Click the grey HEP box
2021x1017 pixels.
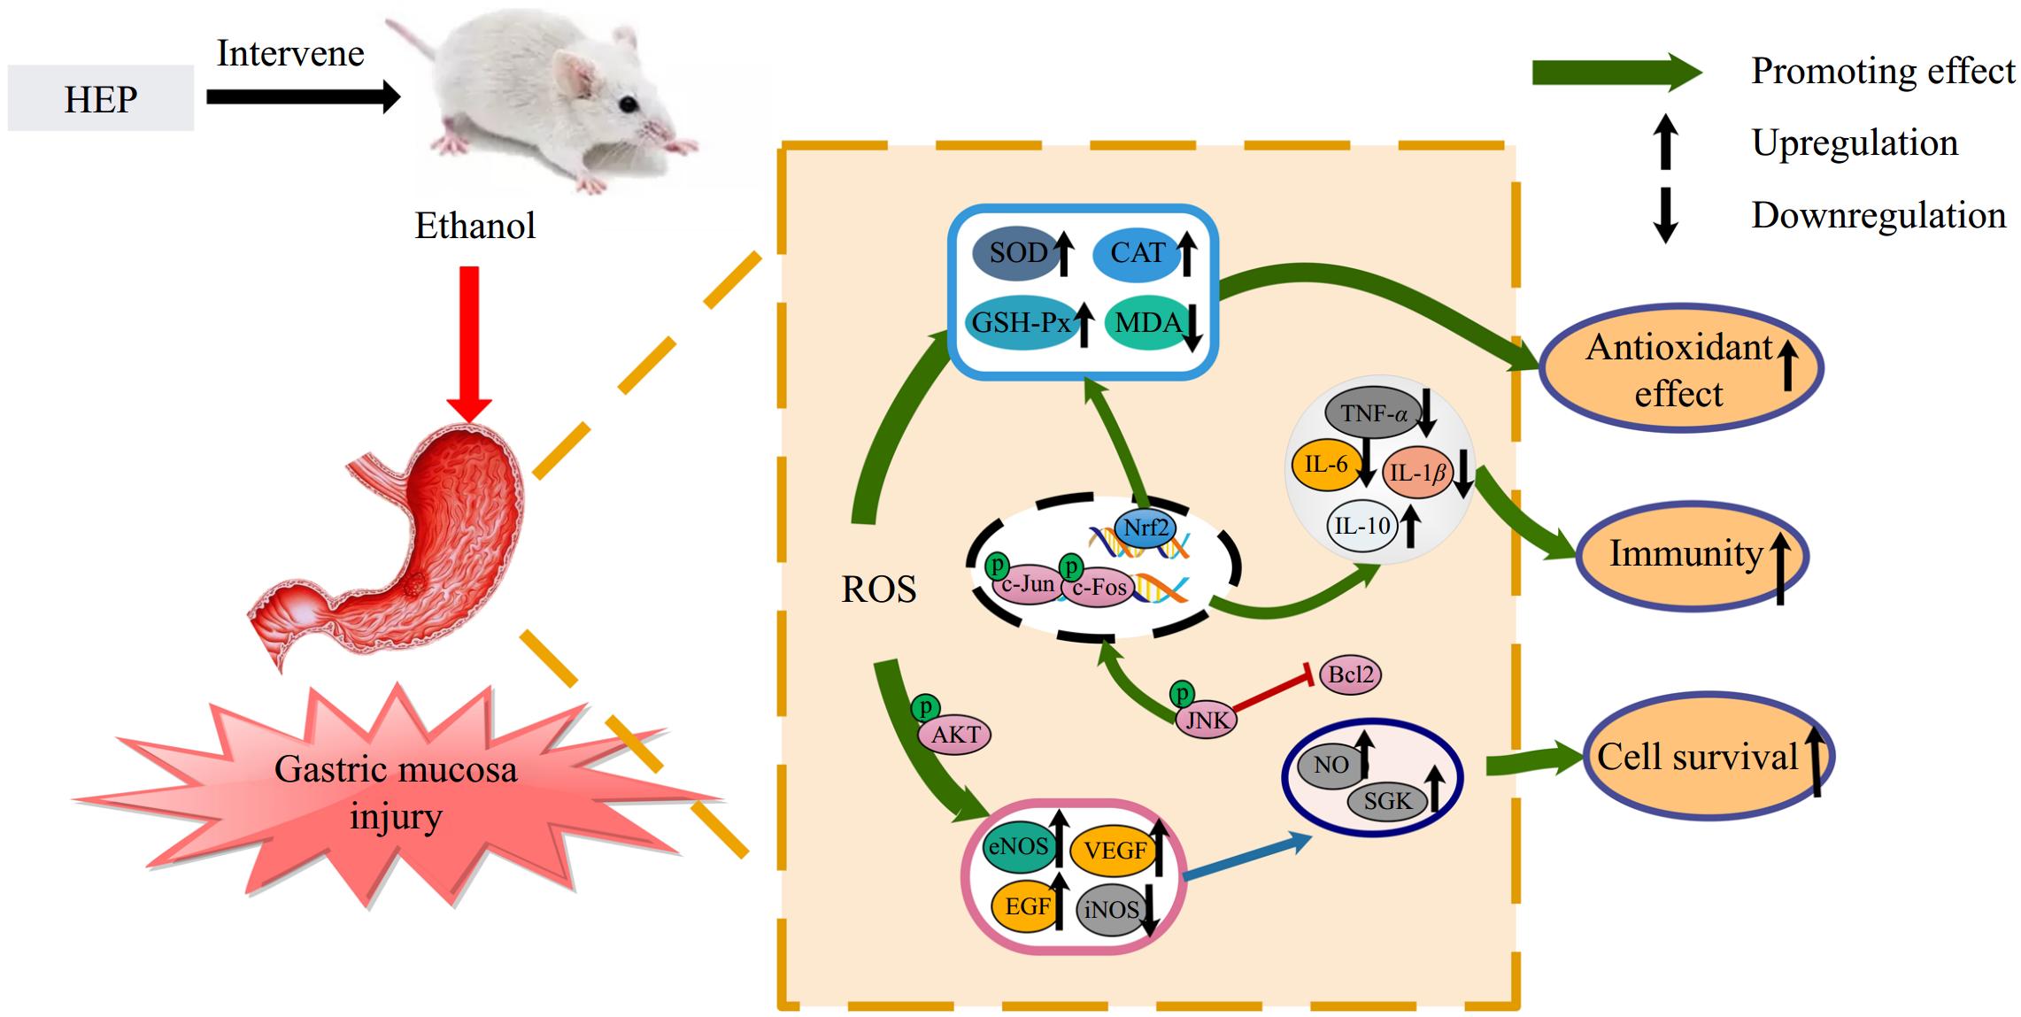point(100,98)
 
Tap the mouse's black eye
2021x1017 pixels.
point(628,105)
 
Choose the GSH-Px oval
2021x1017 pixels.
point(1020,322)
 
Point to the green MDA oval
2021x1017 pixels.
point(1146,322)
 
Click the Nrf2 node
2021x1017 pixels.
point(1145,528)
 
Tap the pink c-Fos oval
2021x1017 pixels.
point(1099,587)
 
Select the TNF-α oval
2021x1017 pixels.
point(1372,412)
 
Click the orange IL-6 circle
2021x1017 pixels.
point(1325,465)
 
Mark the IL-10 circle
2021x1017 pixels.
point(1362,526)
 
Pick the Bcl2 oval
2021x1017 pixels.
point(1350,675)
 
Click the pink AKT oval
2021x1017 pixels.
point(956,735)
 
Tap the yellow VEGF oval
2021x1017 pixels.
point(1114,851)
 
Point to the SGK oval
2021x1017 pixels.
point(1387,801)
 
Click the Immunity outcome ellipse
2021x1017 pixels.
point(1691,555)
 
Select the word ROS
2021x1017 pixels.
point(878,589)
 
